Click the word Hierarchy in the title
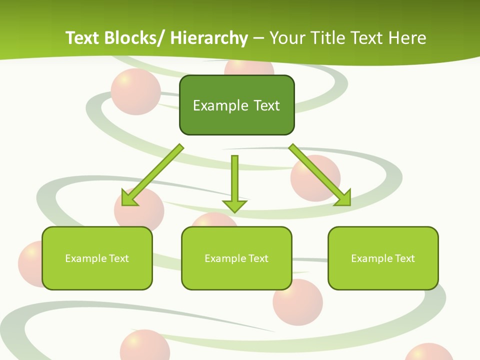(209, 38)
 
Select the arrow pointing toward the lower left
(154, 175)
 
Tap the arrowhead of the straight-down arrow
(234, 206)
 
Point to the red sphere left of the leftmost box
(29, 263)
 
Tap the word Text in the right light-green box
(404, 258)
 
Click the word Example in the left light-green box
(83, 258)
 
